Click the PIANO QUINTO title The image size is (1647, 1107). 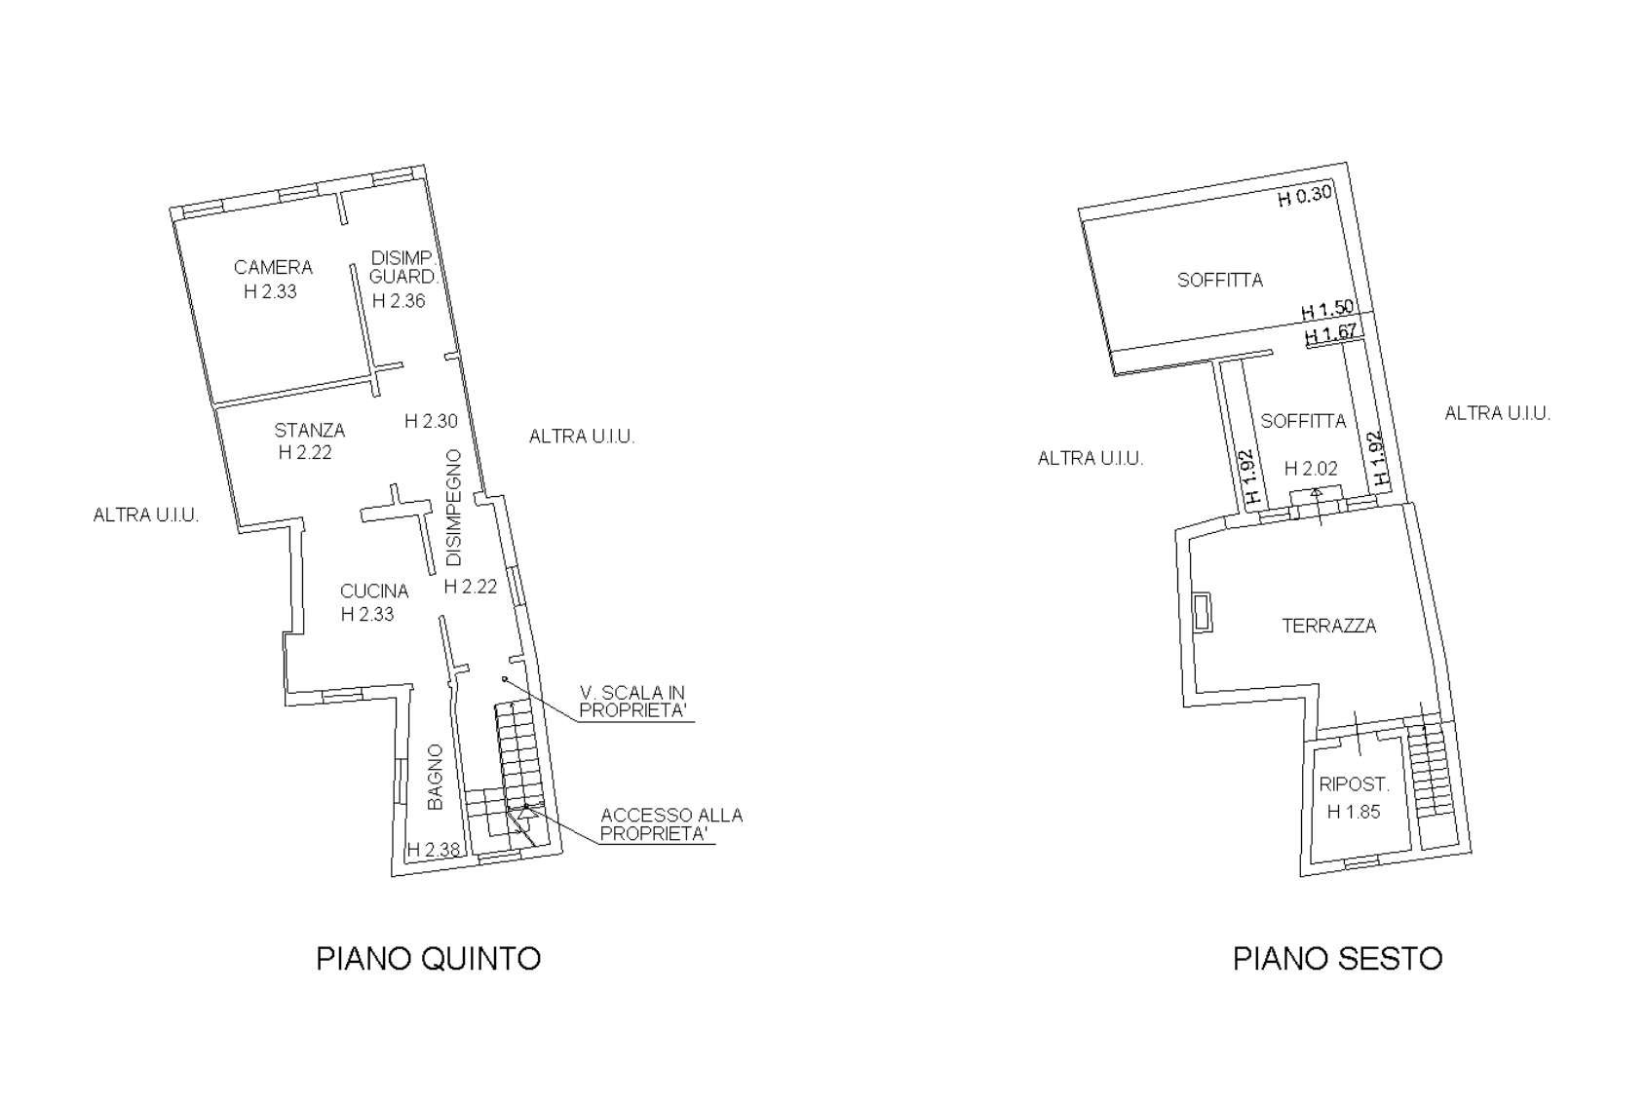[429, 959]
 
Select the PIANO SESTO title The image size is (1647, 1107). [1337, 959]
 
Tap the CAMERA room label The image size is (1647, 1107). [273, 267]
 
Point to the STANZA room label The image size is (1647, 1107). [310, 430]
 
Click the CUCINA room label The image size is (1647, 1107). [374, 591]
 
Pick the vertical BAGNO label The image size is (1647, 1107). [436, 777]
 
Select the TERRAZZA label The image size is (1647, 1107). [1329, 626]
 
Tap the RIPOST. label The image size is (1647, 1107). [1354, 784]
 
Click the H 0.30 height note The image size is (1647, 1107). [1304, 196]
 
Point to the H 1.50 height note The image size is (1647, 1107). [1327, 310]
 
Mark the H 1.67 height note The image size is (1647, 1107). [1331, 333]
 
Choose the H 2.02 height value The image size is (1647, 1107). [1311, 468]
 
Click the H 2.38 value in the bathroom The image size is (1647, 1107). [434, 850]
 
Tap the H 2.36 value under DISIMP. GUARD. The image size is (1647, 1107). [399, 301]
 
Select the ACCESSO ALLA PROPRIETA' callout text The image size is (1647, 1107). [671, 824]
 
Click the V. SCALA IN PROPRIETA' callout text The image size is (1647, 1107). [632, 702]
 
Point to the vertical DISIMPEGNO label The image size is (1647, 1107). [454, 508]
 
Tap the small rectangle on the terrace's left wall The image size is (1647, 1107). [1203, 612]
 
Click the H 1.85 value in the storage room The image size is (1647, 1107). [1354, 812]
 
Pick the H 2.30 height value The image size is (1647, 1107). [431, 421]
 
